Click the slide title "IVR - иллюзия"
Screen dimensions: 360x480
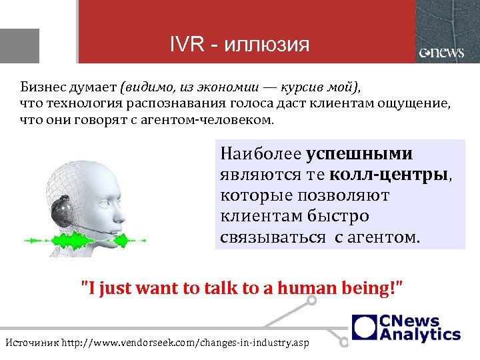pos(239,45)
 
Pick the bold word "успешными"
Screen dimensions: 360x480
pos(359,154)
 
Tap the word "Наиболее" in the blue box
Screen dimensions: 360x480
pos(261,154)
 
